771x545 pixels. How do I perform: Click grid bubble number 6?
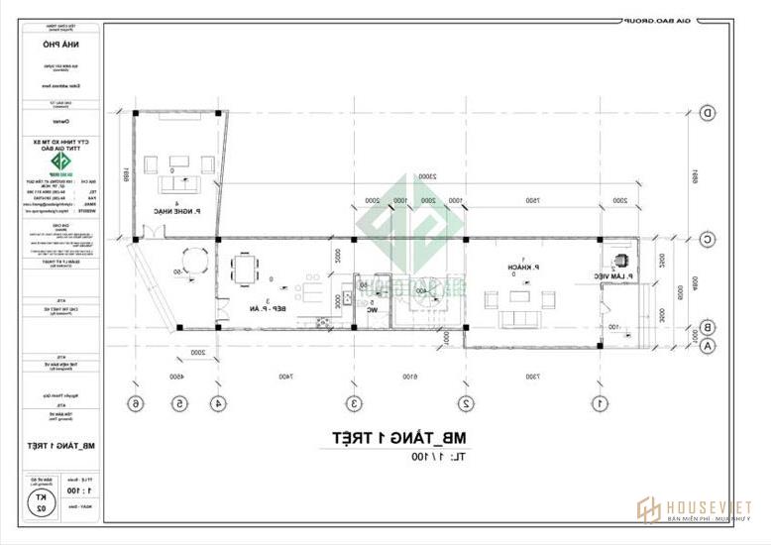(137, 403)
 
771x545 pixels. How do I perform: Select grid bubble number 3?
(353, 403)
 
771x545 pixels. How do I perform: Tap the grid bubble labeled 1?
(600, 403)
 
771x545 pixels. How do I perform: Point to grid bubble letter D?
(708, 113)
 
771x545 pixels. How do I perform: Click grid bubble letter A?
(708, 347)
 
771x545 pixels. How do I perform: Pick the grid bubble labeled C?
(708, 239)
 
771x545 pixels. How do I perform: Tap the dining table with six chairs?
(245, 269)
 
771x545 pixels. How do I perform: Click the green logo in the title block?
(61, 164)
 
